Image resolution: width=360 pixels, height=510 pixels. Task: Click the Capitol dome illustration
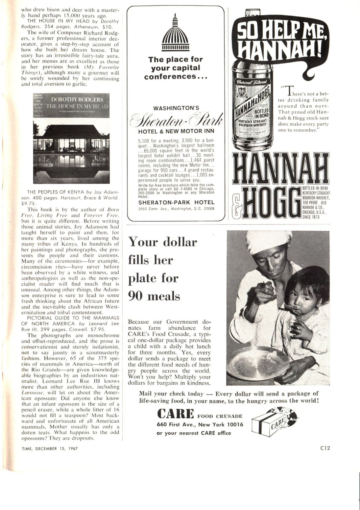(175, 33)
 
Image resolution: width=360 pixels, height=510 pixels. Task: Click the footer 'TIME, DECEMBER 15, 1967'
(50, 448)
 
